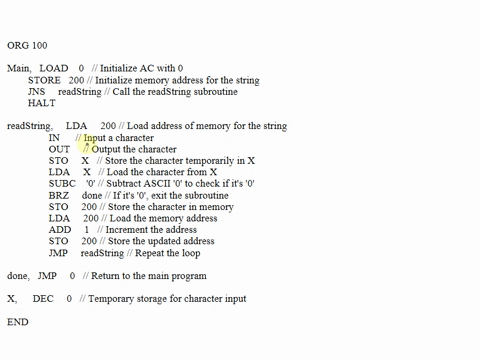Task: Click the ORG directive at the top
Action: (x=17, y=45)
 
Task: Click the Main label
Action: (x=19, y=68)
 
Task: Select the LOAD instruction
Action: (x=54, y=68)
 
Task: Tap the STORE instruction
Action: (x=44, y=79)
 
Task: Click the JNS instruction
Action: (x=37, y=91)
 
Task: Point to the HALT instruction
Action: (x=42, y=103)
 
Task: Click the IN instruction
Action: (x=54, y=137)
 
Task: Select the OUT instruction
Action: (x=59, y=149)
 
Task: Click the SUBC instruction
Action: (x=62, y=183)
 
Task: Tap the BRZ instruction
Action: (x=59, y=195)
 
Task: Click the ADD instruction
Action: (x=59, y=229)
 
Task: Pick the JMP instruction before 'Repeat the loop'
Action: (x=59, y=252)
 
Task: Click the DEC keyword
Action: (x=43, y=298)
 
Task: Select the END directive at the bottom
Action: (x=18, y=321)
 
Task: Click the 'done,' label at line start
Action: (x=18, y=275)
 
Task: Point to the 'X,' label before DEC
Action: (x=12, y=298)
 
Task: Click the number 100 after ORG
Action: (x=39, y=45)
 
